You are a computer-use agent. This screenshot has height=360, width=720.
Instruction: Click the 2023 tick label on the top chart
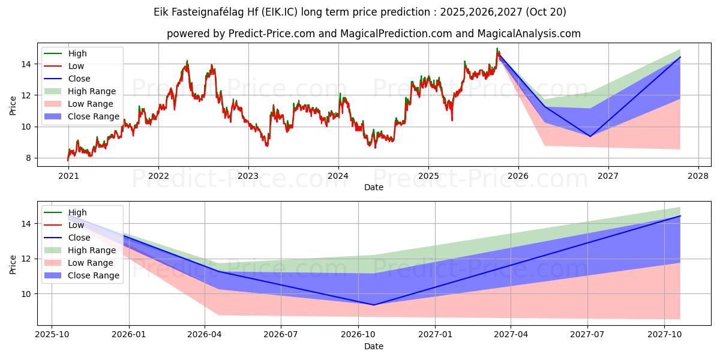tap(248, 177)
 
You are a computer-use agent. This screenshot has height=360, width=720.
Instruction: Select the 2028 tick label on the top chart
tap(698, 177)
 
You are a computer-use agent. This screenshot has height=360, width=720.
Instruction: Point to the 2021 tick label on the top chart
tap(68, 177)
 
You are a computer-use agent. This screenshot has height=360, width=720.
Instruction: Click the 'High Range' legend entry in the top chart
tap(92, 91)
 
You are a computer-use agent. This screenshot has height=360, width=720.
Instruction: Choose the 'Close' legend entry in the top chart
tap(79, 79)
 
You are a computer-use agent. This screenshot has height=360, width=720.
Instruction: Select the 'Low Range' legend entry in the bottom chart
tap(91, 263)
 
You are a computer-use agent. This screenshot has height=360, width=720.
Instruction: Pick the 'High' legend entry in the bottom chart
tap(77, 212)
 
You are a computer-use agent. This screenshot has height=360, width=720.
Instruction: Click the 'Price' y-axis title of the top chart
tap(13, 105)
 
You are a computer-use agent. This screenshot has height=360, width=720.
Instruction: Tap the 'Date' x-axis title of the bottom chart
tap(374, 346)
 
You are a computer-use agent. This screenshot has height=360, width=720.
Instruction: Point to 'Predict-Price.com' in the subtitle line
tap(272, 34)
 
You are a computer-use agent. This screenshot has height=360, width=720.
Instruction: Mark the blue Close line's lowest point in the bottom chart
tap(374, 305)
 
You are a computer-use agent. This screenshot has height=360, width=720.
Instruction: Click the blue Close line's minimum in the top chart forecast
tap(590, 136)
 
